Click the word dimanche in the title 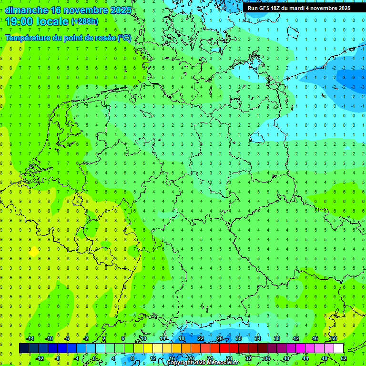[x=26, y=10]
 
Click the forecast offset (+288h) [x=85, y=21]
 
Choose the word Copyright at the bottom [x=179, y=363]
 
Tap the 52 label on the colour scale [x=343, y=358]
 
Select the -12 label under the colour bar [x=40, y=358]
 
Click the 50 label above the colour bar [x=334, y=338]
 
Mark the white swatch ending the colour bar [x=338, y=348]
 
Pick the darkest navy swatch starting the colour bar [x=24, y=348]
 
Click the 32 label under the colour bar [x=248, y=358]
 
